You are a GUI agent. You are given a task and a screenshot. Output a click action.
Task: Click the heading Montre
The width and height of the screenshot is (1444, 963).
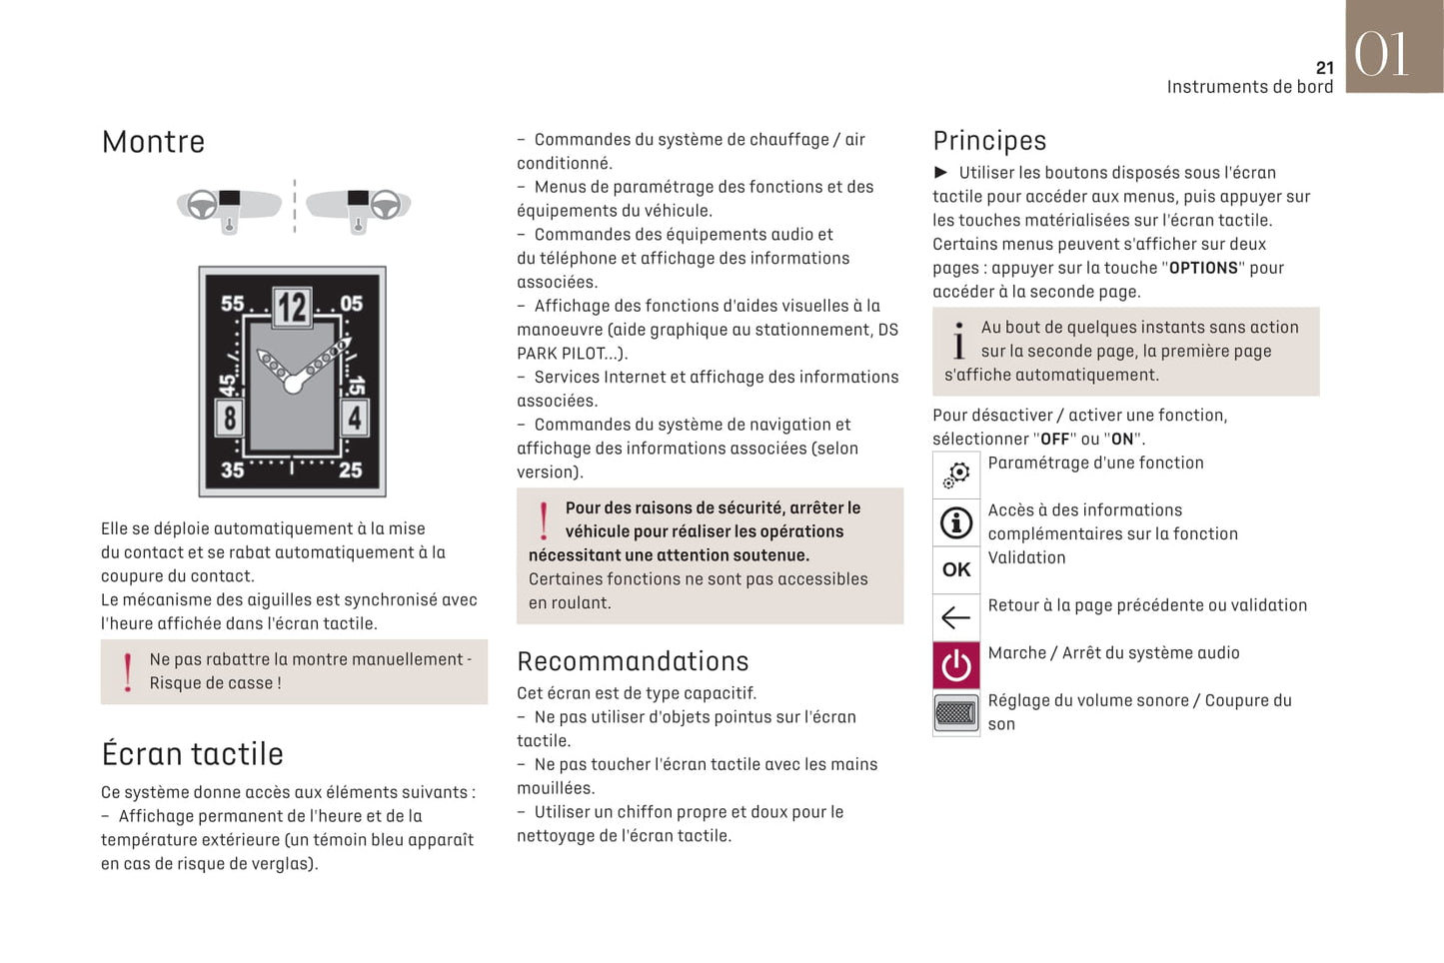pyautogui.click(x=153, y=142)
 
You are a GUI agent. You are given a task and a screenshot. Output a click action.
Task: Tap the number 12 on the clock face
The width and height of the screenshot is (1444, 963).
pyautogui.click(x=292, y=307)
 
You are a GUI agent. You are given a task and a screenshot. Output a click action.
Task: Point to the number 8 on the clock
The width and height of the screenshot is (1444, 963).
pyautogui.click(x=230, y=417)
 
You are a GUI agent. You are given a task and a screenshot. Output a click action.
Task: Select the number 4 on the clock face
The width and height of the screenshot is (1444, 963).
pyautogui.click(x=354, y=417)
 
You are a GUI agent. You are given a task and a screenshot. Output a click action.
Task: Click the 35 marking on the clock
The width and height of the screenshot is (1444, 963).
pyautogui.click(x=232, y=470)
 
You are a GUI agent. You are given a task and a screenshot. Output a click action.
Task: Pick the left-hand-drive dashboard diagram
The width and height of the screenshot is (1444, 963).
pyautogui.click(x=229, y=208)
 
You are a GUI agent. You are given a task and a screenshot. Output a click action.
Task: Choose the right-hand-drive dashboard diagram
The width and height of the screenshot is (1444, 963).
pyautogui.click(x=359, y=208)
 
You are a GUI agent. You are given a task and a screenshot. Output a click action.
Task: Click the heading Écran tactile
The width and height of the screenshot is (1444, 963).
pyautogui.click(x=192, y=754)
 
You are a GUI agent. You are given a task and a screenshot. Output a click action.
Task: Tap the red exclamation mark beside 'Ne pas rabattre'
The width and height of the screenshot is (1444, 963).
pyautogui.click(x=128, y=671)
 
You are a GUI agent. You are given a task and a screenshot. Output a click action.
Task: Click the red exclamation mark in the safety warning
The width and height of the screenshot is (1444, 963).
pyautogui.click(x=544, y=520)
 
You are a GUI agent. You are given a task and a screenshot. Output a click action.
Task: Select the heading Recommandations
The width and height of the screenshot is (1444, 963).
pyautogui.click(x=633, y=661)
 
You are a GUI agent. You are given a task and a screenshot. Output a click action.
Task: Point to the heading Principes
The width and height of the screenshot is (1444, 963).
pyautogui.click(x=989, y=141)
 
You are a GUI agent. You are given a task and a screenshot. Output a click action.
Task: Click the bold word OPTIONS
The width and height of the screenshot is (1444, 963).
pyautogui.click(x=1203, y=268)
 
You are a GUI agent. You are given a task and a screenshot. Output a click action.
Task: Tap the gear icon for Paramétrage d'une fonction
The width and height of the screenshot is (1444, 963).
pyautogui.click(x=956, y=475)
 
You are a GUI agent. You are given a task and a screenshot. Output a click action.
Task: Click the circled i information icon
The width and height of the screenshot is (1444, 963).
pyautogui.click(x=956, y=522)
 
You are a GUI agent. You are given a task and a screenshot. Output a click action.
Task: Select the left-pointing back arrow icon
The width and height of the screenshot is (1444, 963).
pyautogui.click(x=956, y=617)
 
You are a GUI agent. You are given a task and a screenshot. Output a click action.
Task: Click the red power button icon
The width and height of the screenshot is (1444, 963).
pyautogui.click(x=956, y=665)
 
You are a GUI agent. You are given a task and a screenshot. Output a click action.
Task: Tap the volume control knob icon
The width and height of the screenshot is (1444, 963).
pyautogui.click(x=956, y=713)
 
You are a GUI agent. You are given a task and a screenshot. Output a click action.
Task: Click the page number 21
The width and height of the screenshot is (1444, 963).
pyautogui.click(x=1324, y=68)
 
